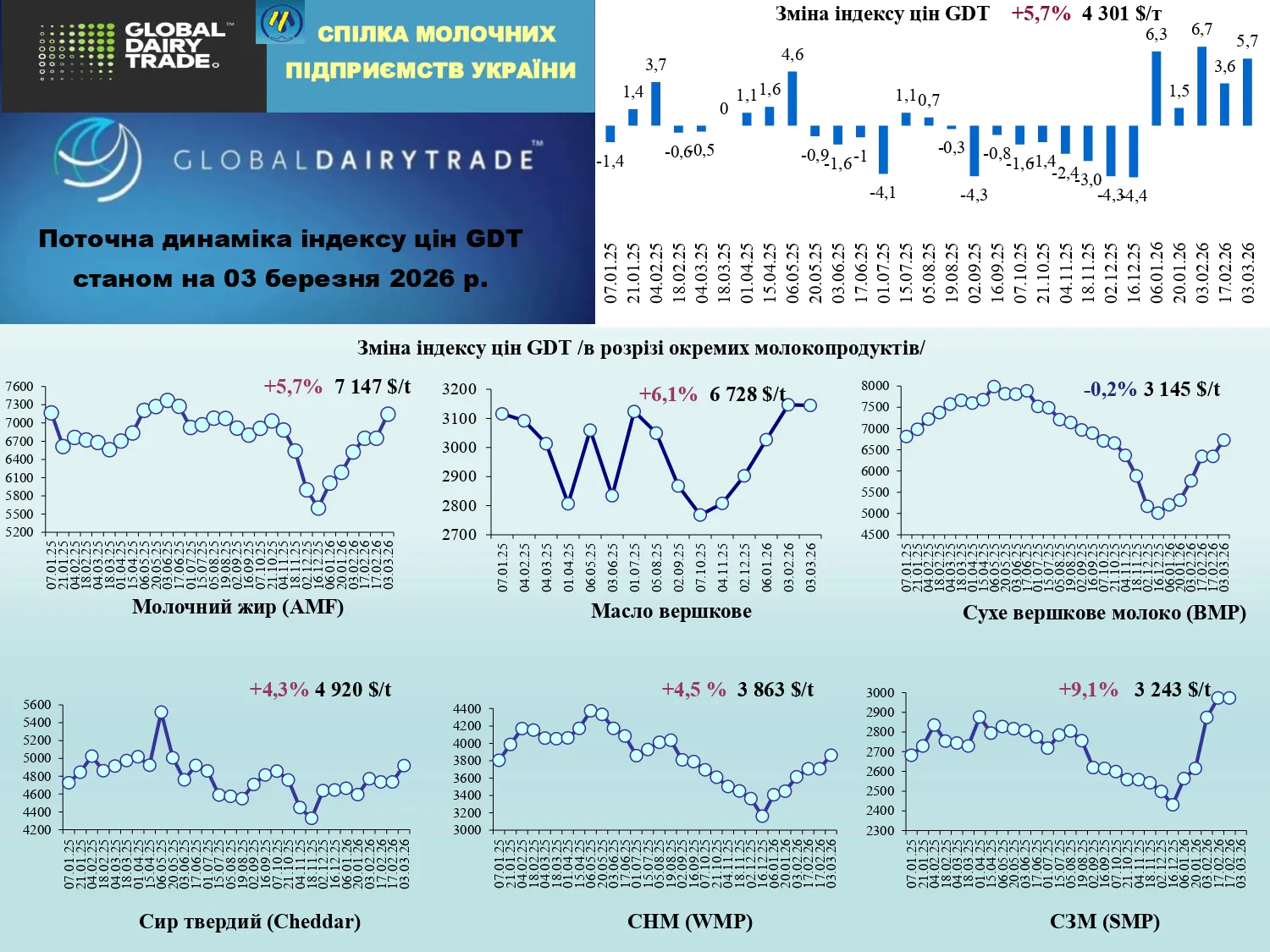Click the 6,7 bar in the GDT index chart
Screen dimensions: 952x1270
coord(1201,85)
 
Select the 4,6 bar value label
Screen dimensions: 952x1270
coord(792,55)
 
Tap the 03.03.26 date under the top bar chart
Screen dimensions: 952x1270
coord(1247,272)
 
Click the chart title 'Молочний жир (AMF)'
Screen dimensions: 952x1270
coord(238,607)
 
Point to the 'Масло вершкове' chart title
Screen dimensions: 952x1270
coord(671,611)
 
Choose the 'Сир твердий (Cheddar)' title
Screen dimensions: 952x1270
coord(250,921)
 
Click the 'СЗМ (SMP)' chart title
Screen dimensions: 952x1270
coord(1104,921)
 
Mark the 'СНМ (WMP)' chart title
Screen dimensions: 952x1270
coord(689,921)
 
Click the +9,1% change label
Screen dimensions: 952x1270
coord(1088,690)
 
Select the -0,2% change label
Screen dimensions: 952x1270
coord(1110,389)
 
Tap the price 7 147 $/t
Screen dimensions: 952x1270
coord(373,387)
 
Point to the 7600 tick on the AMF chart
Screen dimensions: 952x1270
coord(19,387)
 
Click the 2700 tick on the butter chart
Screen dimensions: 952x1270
coord(459,535)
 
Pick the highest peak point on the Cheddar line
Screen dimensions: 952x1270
coord(161,713)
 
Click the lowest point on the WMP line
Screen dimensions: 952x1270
coord(762,816)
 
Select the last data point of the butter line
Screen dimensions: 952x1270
coord(810,405)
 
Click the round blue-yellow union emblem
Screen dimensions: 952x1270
coord(280,23)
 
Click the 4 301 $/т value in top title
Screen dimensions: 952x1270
coord(1121,14)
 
